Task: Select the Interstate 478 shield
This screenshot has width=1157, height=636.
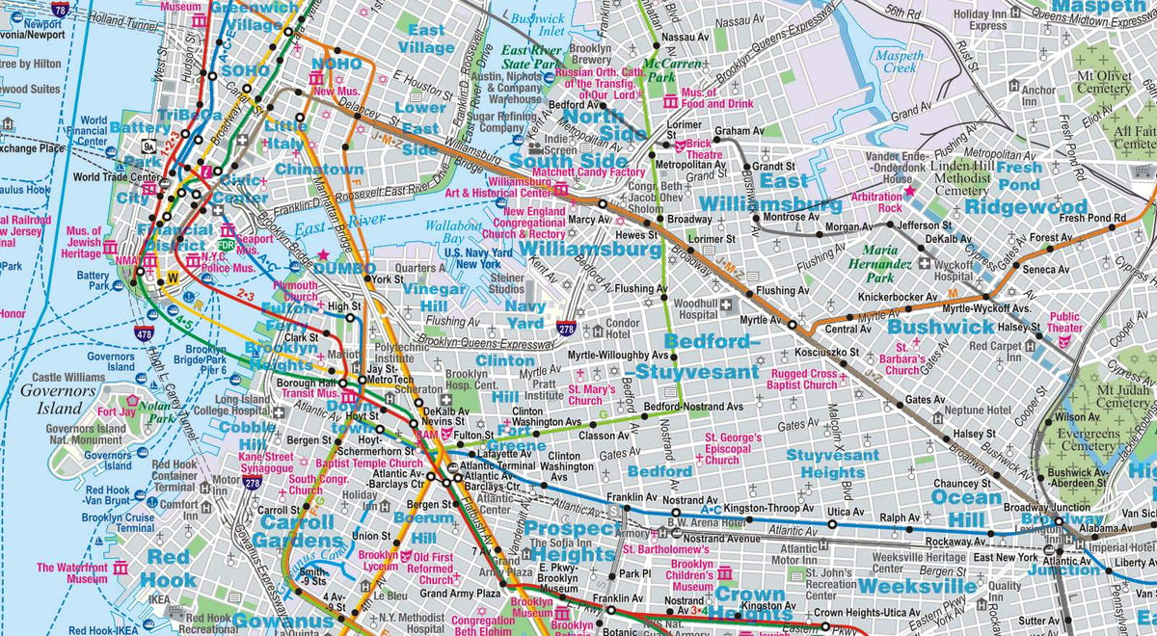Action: (x=145, y=334)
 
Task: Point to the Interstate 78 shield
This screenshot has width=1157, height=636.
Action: (x=61, y=10)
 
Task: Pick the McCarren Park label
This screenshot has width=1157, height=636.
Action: (x=674, y=69)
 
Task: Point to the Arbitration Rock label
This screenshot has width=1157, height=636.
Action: (x=876, y=201)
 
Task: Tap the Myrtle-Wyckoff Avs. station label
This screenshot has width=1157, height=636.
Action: (x=987, y=308)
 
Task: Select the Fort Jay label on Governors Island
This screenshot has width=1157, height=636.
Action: (x=111, y=411)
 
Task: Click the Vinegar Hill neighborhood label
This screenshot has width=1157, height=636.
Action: (x=433, y=297)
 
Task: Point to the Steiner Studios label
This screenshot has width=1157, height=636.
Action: (x=507, y=283)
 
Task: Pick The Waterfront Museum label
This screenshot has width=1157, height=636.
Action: (x=72, y=573)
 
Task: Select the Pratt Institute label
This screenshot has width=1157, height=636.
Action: (x=545, y=389)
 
